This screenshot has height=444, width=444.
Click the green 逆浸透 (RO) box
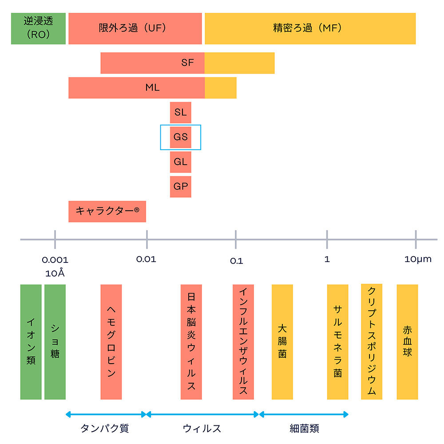[38, 28]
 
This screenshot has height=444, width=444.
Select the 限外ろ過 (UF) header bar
[135, 28]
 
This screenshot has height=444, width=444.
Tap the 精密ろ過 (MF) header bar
[310, 28]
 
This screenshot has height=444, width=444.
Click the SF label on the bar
[187, 63]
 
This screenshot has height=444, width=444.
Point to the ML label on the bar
[152, 87]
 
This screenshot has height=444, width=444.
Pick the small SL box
[180, 112]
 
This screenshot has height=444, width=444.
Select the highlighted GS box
[181, 137]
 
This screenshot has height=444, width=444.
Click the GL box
[180, 162]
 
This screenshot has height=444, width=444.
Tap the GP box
[180, 186]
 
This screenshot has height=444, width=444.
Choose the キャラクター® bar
[107, 211]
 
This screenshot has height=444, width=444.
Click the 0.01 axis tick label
[147, 259]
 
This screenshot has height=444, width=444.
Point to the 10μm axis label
[418, 259]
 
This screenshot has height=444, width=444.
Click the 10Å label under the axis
[55, 273]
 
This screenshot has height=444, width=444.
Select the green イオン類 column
[31, 342]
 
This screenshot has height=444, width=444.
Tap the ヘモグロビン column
[111, 342]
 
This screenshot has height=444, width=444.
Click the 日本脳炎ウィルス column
[191, 342]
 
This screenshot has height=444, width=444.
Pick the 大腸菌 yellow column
[282, 342]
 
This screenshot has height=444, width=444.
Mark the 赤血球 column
[407, 342]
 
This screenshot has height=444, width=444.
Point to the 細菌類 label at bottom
[304, 428]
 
